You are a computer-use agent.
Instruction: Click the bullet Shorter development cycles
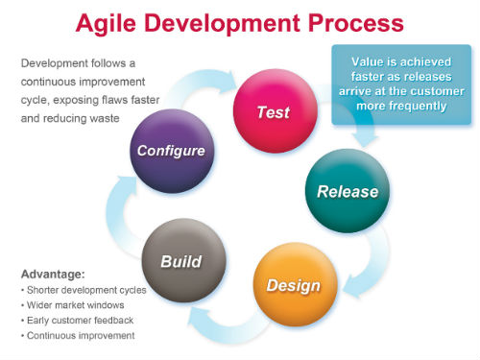point(82,288)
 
